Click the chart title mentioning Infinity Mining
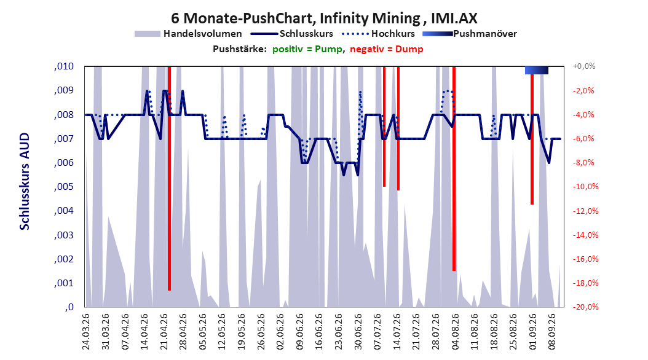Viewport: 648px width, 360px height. pyautogui.click(x=324, y=18)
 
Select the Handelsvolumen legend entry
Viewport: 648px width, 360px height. pyautogui.click(x=188, y=34)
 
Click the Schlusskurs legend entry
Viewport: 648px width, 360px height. pyautogui.click(x=292, y=34)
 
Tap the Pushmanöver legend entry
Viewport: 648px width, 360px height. pyautogui.click(x=470, y=34)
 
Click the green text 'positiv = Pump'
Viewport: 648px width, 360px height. pyautogui.click(x=307, y=49)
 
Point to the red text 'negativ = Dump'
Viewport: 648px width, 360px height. pyautogui.click(x=387, y=49)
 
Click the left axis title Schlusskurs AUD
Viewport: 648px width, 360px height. pyautogui.click(x=25, y=181)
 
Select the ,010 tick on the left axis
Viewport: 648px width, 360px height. pyautogui.click(x=64, y=66)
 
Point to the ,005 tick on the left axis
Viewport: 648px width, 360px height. pyautogui.click(x=64, y=187)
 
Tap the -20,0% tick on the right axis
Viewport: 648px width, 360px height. pyautogui.click(x=585, y=307)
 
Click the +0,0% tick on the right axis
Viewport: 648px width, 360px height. pyautogui.click(x=584, y=66)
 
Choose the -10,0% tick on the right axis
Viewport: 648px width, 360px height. pyautogui.click(x=585, y=187)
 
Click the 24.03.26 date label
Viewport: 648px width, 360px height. pyautogui.click(x=86, y=332)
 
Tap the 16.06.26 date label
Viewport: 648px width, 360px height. pyautogui.click(x=318, y=332)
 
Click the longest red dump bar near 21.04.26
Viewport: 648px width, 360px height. pyautogui.click(x=170, y=178)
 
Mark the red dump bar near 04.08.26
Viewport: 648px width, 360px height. pyautogui.click(x=454, y=168)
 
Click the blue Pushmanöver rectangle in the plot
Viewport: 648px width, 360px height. pyautogui.click(x=537, y=70)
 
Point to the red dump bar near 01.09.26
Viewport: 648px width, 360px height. pyautogui.click(x=532, y=139)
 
